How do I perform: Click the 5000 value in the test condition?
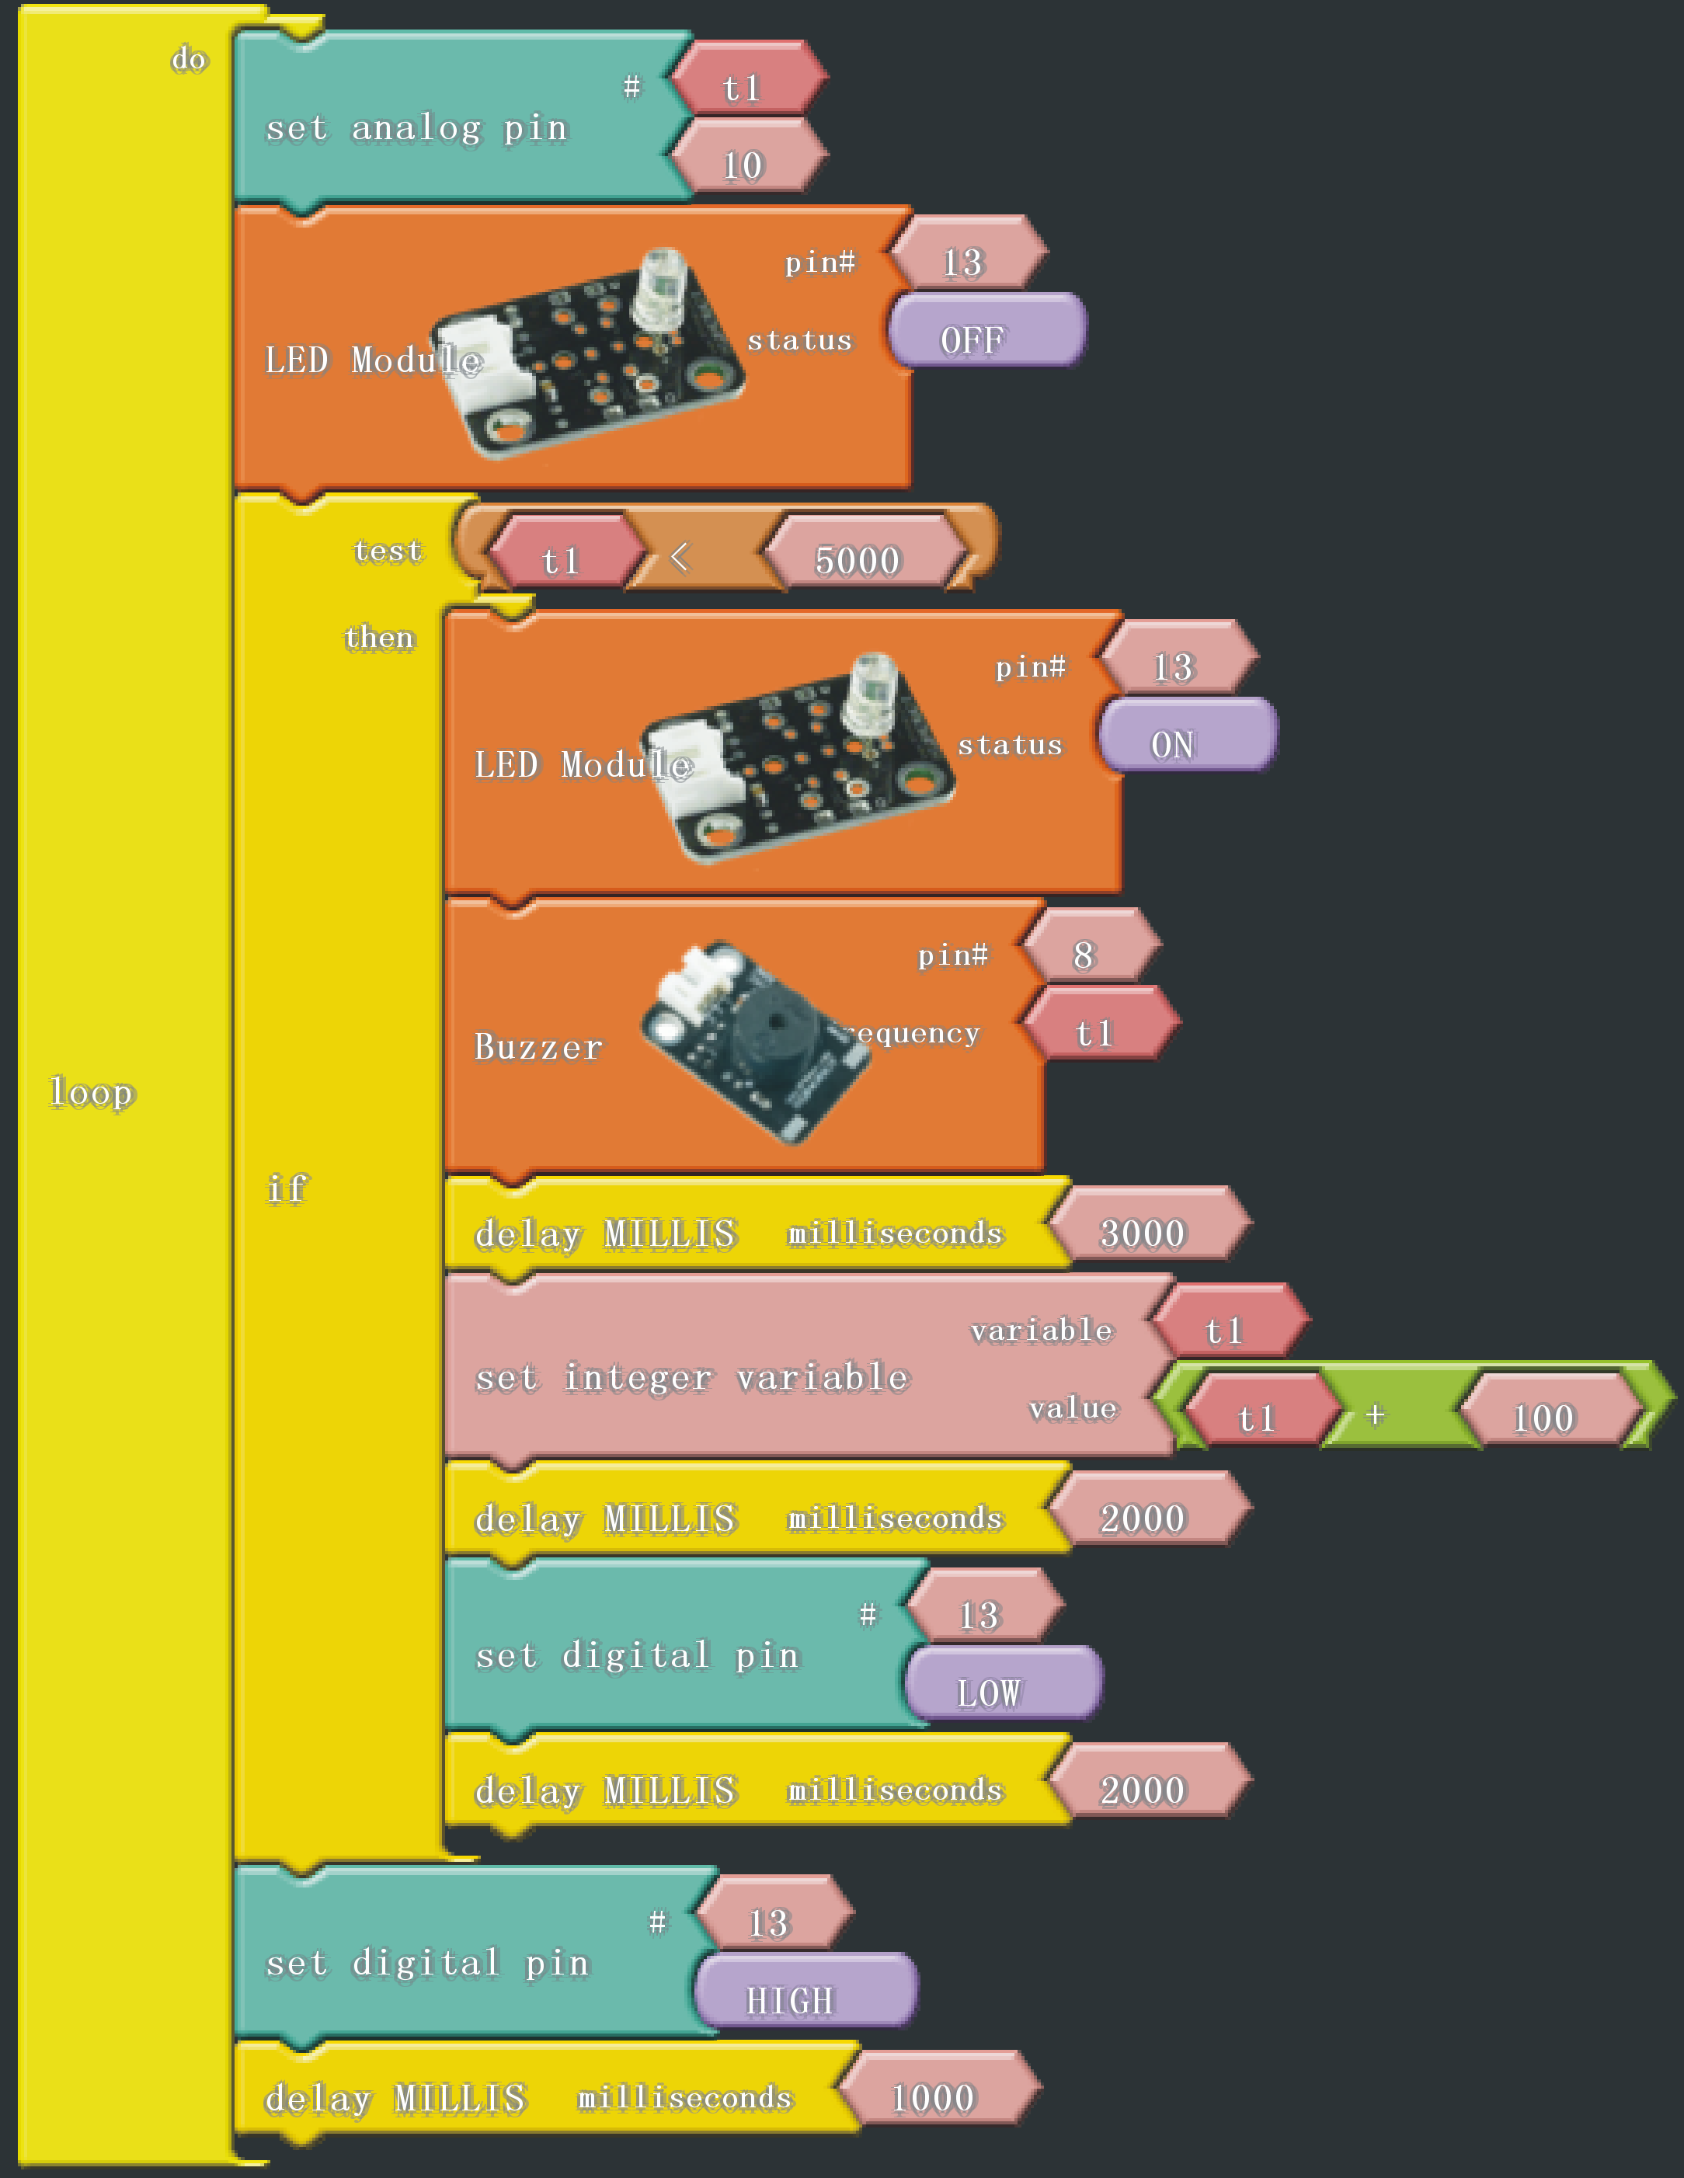858,561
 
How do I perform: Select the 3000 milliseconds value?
1143,1233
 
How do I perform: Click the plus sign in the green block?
1375,1414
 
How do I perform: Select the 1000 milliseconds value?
933,2097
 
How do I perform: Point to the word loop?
92,1093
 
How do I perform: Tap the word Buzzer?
538,1046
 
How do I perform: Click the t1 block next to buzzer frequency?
1094,1032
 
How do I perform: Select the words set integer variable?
692,1377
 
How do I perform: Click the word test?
388,551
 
